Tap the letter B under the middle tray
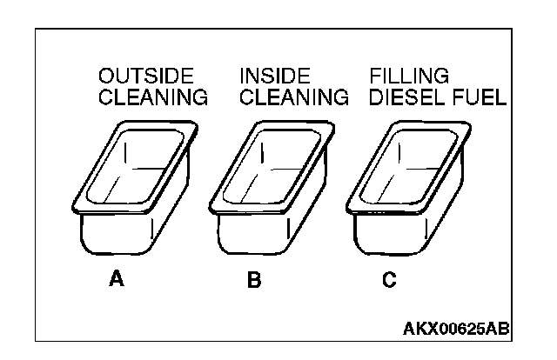pyautogui.click(x=253, y=280)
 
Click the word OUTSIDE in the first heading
pyautogui.click(x=145, y=76)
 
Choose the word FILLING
pyautogui.click(x=409, y=76)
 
